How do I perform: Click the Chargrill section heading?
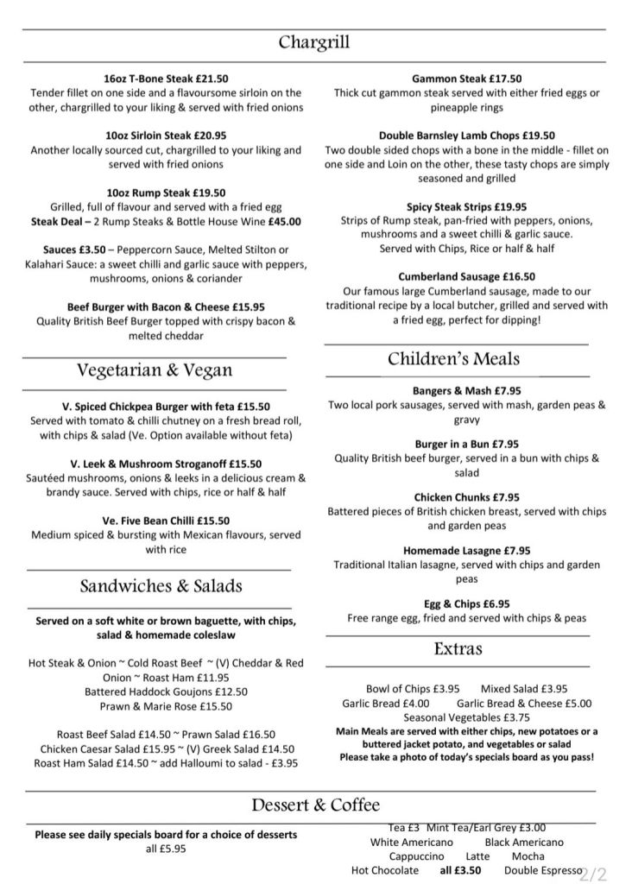(x=314, y=43)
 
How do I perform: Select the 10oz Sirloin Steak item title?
(x=166, y=136)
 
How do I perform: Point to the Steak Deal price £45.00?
(x=284, y=221)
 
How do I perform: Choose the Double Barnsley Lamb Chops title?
(x=466, y=136)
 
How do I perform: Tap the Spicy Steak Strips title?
(x=467, y=206)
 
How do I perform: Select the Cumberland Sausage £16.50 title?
(x=467, y=277)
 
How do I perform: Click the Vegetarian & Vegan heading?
(x=155, y=370)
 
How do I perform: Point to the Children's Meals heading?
(x=453, y=359)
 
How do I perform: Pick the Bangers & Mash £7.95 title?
(x=466, y=390)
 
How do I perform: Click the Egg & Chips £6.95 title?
(x=466, y=603)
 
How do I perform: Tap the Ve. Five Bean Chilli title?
(x=166, y=521)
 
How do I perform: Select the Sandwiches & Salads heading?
(x=161, y=586)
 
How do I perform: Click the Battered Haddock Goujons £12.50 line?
(x=166, y=691)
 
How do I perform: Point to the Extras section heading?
(x=458, y=648)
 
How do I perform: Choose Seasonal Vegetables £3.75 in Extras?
(x=466, y=717)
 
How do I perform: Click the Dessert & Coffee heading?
(x=315, y=805)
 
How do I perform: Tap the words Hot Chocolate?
(x=385, y=869)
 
